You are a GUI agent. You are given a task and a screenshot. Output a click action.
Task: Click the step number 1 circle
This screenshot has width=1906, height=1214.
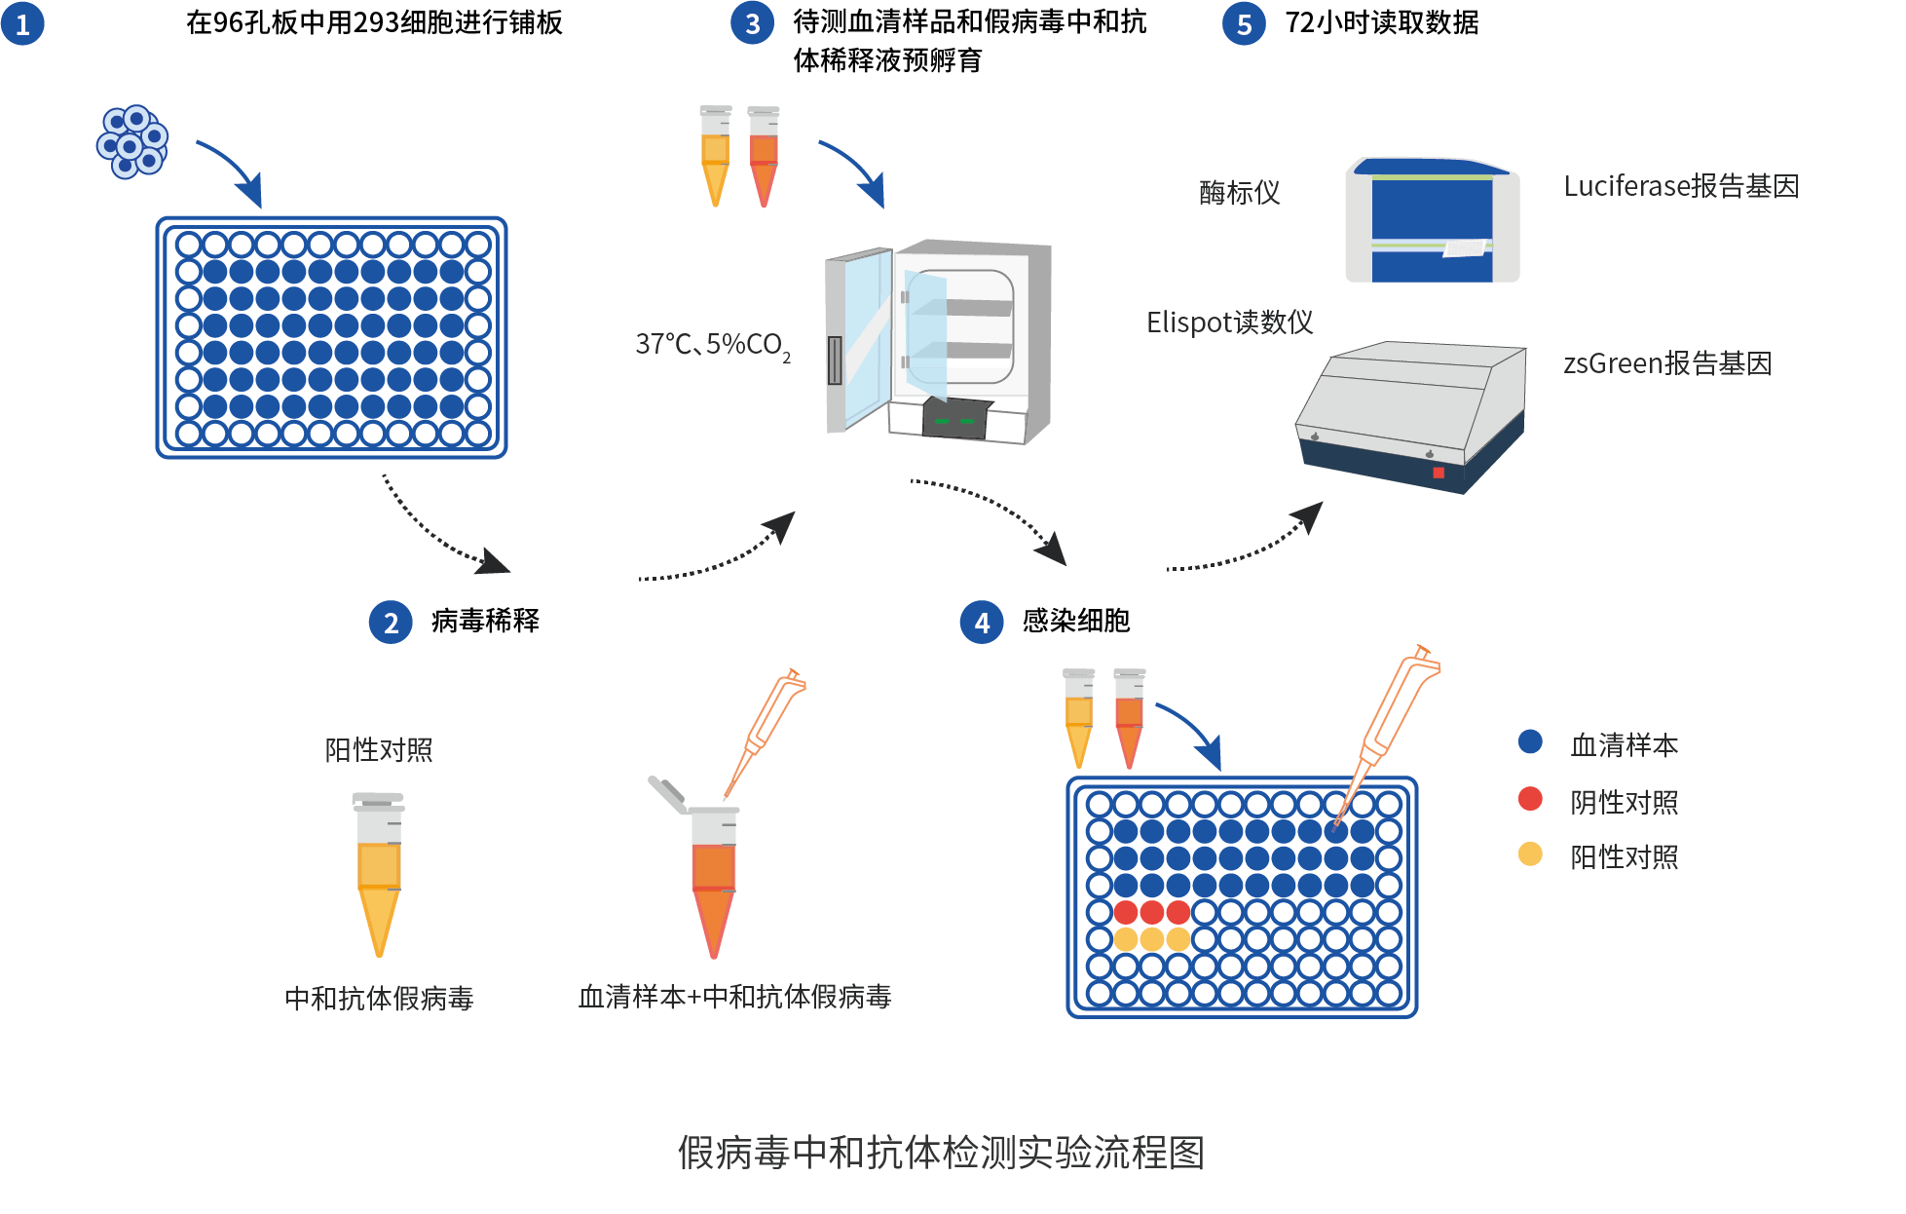pyautogui.click(x=22, y=23)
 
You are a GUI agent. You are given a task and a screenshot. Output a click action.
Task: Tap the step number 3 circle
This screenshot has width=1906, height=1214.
pyautogui.click(x=752, y=23)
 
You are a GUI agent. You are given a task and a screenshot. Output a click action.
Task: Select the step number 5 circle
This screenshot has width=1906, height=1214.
pyautogui.click(x=1244, y=23)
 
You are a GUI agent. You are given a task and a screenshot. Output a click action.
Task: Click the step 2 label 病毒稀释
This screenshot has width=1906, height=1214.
pyautogui.click(x=485, y=621)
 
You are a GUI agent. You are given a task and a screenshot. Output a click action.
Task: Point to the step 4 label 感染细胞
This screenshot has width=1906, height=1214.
pyautogui.click(x=1076, y=621)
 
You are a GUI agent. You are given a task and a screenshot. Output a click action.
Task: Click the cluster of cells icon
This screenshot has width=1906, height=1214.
pyautogui.click(x=132, y=142)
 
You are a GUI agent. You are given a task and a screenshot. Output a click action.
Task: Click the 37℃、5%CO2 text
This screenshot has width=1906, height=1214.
pyautogui.click(x=712, y=345)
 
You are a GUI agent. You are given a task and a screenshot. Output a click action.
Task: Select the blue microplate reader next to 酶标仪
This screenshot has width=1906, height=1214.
pyautogui.click(x=1432, y=221)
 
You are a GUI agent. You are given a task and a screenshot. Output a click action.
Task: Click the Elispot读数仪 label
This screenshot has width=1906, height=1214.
pyautogui.click(x=1229, y=322)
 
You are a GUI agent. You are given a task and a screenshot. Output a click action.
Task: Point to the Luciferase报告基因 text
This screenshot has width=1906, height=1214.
pyautogui.click(x=1681, y=186)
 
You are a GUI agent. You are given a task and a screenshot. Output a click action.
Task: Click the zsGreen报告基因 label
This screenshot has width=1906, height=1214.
pyautogui.click(x=1667, y=363)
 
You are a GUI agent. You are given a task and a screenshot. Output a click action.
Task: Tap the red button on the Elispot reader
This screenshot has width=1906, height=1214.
pyautogui.click(x=1439, y=473)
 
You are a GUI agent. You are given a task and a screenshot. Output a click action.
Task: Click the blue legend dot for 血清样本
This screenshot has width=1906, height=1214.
pyautogui.click(x=1530, y=741)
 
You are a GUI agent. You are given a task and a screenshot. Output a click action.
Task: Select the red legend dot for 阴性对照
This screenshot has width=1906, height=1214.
pyautogui.click(x=1530, y=799)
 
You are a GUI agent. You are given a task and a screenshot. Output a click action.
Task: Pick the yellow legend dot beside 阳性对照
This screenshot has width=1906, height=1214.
pyautogui.click(x=1530, y=854)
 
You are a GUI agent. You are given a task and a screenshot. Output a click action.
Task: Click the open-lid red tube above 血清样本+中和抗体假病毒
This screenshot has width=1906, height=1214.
pyautogui.click(x=713, y=877)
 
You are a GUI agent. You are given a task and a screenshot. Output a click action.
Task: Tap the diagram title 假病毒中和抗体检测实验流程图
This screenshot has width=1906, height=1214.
pyautogui.click(x=941, y=1153)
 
